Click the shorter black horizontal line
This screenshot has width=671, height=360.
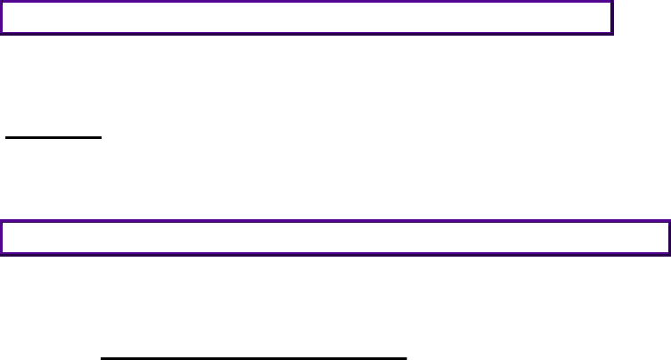coord(54,138)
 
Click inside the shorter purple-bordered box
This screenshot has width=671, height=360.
coord(307,18)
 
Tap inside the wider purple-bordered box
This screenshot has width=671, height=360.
coord(335,237)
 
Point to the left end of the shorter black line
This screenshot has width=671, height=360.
coord(5,138)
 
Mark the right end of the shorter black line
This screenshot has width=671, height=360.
coord(103,138)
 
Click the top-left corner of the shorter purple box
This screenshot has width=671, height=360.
coord(2,3)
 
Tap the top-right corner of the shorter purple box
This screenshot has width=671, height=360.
coord(612,3)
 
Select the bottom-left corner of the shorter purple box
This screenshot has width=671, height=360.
coord(2,33)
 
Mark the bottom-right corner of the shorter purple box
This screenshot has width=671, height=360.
coord(612,33)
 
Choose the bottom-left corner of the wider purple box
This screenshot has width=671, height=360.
coord(2,252)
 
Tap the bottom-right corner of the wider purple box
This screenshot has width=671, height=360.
coord(668,252)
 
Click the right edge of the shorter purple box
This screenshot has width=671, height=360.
coord(612,18)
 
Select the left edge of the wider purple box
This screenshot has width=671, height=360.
coord(2,237)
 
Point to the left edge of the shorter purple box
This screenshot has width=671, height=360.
coord(2,18)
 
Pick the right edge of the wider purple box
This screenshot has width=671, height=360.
coord(668,237)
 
